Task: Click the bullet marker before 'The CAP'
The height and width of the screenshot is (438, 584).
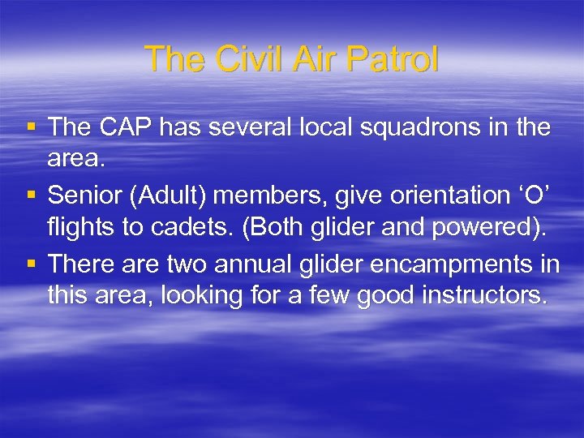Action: (32, 128)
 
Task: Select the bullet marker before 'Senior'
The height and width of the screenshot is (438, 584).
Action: (32, 196)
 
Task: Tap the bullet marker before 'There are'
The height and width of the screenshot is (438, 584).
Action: (32, 264)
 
